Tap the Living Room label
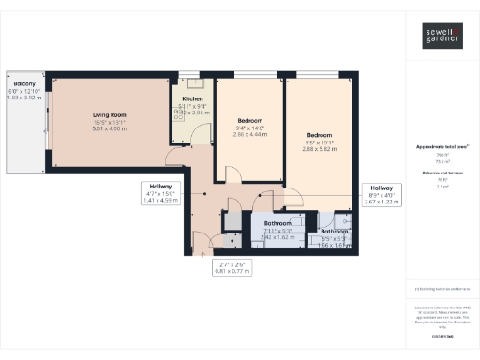pos(111,115)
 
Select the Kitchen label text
pos(193,97)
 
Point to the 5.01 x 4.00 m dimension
pos(111,128)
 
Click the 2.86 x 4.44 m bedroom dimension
pos(250,134)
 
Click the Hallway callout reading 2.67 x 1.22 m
pos(382,201)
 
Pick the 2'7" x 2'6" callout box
pos(232,269)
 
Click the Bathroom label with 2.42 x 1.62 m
pos(277,224)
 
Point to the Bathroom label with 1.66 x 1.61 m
pos(335,232)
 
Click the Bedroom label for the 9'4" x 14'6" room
pos(250,121)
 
